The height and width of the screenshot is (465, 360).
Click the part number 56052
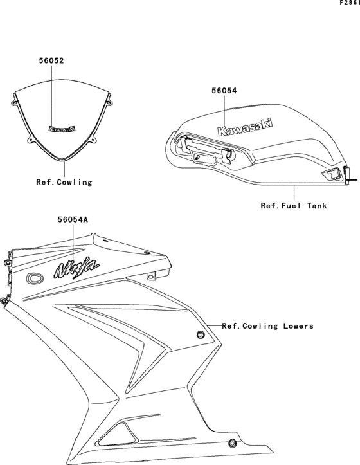pyautogui.click(x=51, y=61)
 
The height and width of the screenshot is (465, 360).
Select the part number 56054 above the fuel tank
pyautogui.click(x=224, y=91)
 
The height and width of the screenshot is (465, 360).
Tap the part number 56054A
pyautogui.click(x=68, y=219)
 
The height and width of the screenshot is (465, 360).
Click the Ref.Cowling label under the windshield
pyautogui.click(x=64, y=182)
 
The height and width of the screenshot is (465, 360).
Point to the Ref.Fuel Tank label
pyautogui.click(x=294, y=206)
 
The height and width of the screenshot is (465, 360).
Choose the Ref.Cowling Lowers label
pyautogui.click(x=268, y=326)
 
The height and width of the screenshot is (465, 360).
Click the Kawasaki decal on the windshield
pyautogui.click(x=62, y=129)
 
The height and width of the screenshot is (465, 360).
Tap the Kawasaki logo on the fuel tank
pyautogui.click(x=245, y=127)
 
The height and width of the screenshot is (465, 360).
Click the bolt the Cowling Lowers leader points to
pyautogui.click(x=201, y=333)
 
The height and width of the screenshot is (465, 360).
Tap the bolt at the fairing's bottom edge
pyautogui.click(x=230, y=442)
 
